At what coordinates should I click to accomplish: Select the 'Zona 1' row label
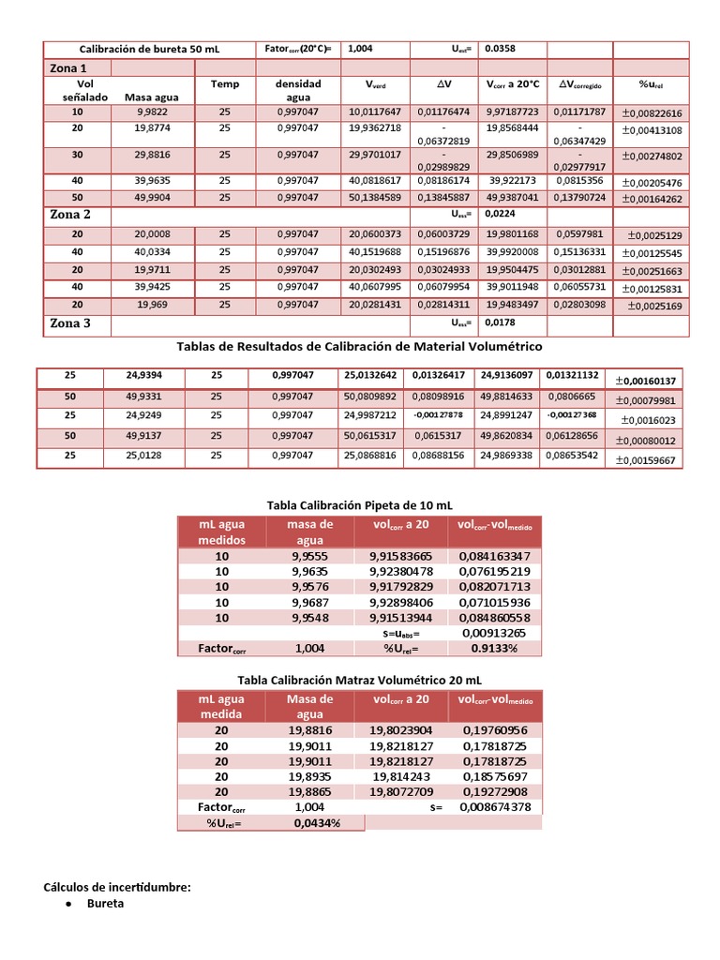tap(67, 68)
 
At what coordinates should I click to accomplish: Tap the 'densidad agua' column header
tap(297, 90)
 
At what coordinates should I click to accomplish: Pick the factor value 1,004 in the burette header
tap(360, 49)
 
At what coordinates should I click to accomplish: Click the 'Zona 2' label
tap(70, 214)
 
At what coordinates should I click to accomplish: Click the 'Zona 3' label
tap(70, 323)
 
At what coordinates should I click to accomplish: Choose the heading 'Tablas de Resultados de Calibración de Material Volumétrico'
tap(359, 346)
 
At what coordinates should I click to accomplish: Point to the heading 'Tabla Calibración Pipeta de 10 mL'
tap(359, 505)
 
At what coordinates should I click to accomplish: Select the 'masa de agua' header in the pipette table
tap(309, 532)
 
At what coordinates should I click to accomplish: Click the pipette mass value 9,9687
tap(309, 602)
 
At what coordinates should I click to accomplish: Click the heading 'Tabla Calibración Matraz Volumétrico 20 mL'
tap(359, 679)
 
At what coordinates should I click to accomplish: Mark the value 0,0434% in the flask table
tap(316, 822)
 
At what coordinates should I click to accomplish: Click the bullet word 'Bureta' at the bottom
tap(105, 904)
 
